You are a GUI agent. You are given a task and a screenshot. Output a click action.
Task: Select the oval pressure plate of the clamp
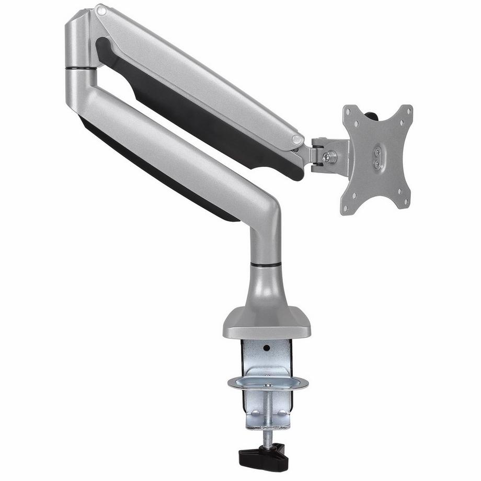tap(268, 383)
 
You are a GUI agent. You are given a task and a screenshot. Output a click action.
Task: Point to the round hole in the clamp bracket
tap(267, 347)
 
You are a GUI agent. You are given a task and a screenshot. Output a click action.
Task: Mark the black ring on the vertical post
tap(266, 265)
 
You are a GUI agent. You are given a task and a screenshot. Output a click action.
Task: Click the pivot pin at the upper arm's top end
tap(101, 10)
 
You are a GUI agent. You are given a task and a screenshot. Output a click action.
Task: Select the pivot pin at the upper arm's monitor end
tap(297, 140)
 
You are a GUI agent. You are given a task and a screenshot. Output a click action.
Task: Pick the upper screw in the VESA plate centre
tap(377, 152)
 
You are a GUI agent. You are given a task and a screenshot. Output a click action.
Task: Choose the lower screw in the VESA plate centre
tap(377, 164)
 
